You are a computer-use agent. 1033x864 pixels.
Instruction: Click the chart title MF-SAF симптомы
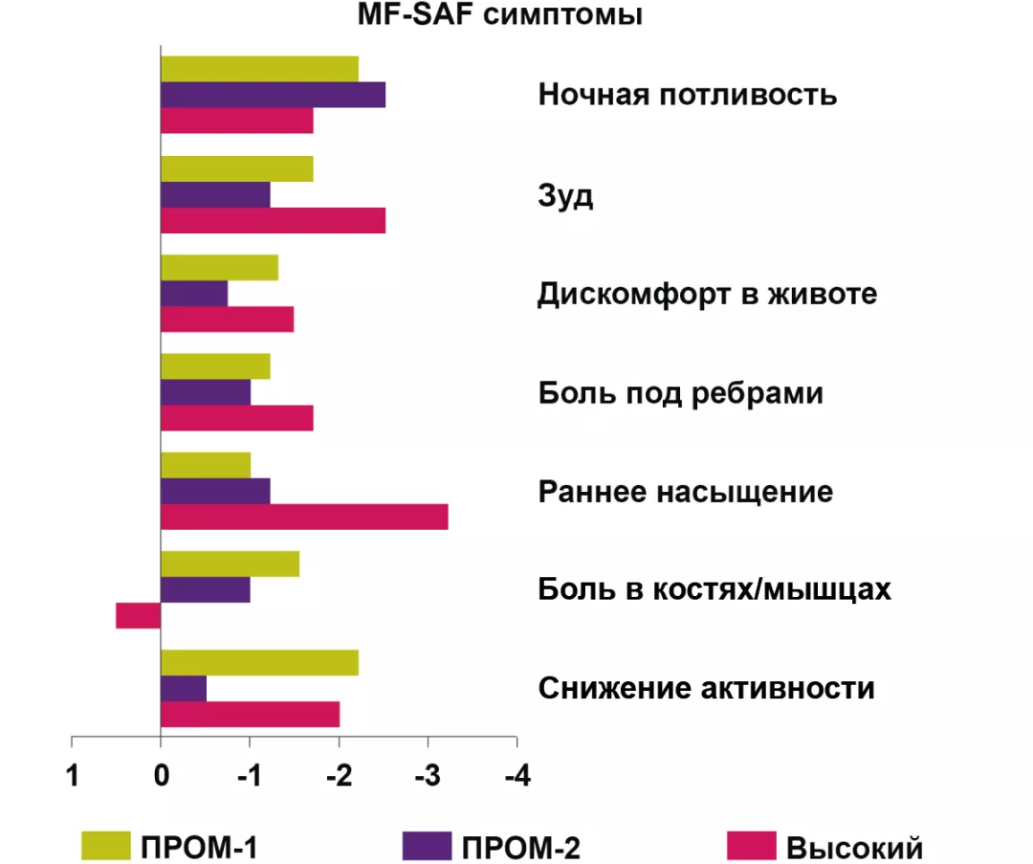[x=500, y=16]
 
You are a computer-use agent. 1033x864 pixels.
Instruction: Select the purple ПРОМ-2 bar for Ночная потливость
[x=273, y=95]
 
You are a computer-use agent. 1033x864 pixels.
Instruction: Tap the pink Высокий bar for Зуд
[x=273, y=220]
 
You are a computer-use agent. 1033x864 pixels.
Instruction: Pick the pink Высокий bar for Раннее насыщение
[x=304, y=517]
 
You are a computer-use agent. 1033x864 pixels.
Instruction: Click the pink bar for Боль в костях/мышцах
[x=138, y=615]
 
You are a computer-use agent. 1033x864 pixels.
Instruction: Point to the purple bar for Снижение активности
[x=183, y=689]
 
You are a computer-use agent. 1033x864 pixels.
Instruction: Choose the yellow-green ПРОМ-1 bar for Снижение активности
[x=259, y=662]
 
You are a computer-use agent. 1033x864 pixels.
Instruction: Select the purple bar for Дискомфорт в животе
[x=194, y=294]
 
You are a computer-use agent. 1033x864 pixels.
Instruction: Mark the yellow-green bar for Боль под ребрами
[x=215, y=366]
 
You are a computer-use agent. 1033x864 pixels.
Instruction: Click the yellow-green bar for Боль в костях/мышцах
[x=230, y=565]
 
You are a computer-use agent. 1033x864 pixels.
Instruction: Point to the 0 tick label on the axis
[x=161, y=776]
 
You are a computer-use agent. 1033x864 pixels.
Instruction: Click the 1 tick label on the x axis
[x=72, y=776]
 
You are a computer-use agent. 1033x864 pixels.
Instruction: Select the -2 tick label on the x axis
[x=339, y=776]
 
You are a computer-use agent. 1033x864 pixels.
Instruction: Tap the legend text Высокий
[x=854, y=848]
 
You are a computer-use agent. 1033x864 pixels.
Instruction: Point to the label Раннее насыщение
[x=686, y=492]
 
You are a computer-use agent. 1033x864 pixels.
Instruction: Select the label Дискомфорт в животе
[x=707, y=294]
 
